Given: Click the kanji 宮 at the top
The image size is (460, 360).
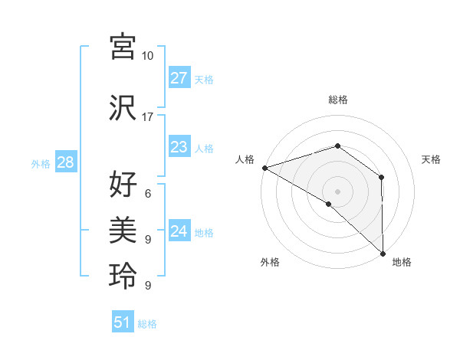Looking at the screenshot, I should coord(123,47).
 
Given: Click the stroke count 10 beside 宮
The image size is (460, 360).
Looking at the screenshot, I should coord(148,56).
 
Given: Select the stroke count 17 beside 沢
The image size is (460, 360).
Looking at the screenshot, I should coord(148,116).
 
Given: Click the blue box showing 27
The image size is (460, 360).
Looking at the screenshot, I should coord(179,78).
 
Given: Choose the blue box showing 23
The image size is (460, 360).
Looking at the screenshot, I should coord(179,147).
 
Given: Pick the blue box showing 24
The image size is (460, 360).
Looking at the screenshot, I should coord(179,231).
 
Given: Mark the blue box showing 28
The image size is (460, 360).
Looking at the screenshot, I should coord(64,162).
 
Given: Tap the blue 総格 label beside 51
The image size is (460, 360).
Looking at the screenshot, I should coord(147,324).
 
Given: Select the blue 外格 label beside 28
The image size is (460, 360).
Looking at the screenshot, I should coord(40,163).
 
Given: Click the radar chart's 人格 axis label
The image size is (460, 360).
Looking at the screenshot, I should coord(245,159).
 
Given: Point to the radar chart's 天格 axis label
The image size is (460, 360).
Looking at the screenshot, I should coord(431,159).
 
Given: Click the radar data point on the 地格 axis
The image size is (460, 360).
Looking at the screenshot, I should coord(383,253).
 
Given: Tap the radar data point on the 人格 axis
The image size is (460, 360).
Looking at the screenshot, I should coord(264,168).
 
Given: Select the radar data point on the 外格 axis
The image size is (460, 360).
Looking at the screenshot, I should coord(328,204).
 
